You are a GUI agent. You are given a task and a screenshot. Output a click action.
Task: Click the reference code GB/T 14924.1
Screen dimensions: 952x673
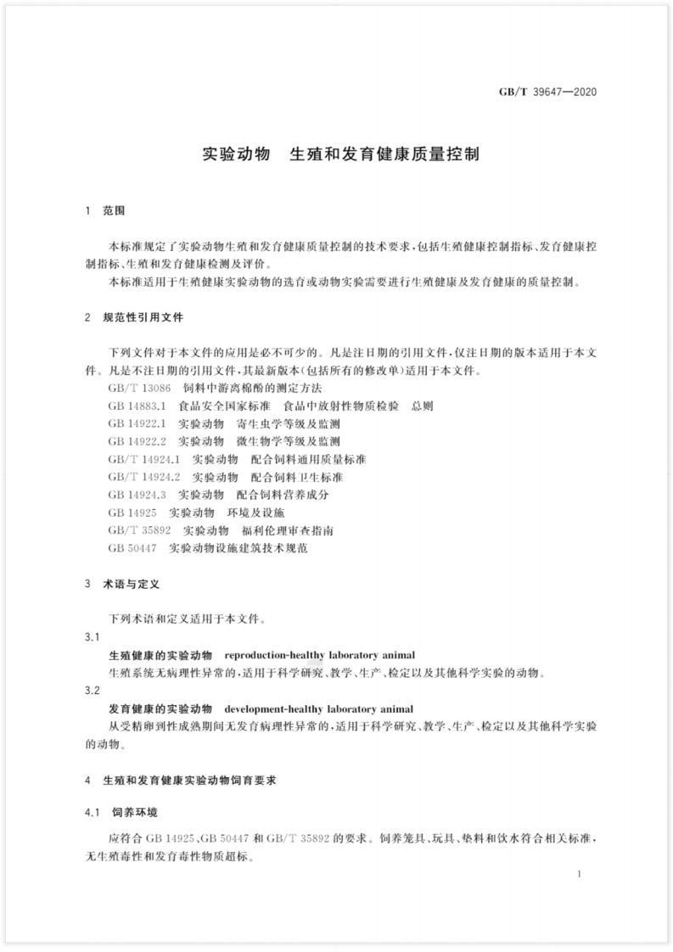pyautogui.click(x=145, y=459)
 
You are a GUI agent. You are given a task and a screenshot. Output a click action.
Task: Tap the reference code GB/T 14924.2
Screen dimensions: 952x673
pyautogui.click(x=145, y=477)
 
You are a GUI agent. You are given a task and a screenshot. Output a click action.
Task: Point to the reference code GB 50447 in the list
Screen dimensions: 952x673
pyautogui.click(x=135, y=548)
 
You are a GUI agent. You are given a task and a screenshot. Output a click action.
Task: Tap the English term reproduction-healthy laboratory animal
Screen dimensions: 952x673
pyautogui.click(x=318, y=656)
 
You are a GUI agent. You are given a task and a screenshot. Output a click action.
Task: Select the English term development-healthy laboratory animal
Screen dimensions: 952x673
pyautogui.click(x=318, y=708)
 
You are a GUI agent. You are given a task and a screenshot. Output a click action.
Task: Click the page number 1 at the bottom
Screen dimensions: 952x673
pyautogui.click(x=577, y=873)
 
